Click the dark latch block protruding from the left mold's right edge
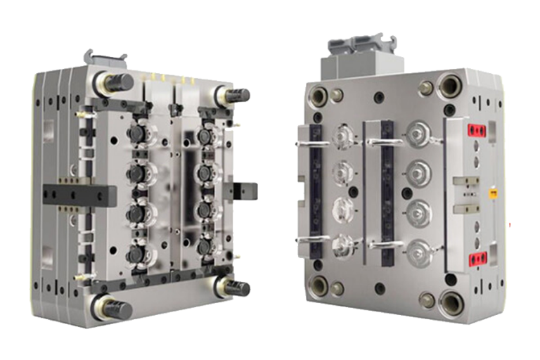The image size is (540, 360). (247, 191)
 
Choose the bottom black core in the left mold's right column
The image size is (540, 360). (205, 247)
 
